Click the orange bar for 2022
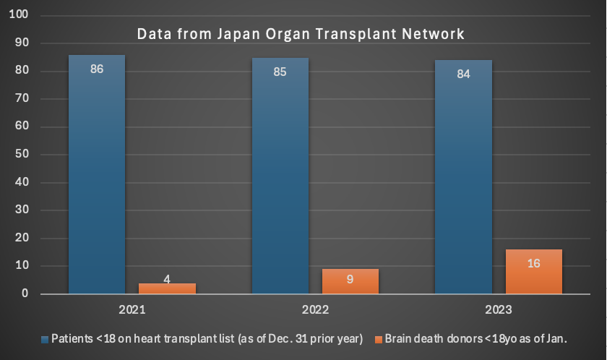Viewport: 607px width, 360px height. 350,282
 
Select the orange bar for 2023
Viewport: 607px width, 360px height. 533,273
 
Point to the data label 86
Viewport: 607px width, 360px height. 97,70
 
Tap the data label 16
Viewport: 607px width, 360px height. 533,263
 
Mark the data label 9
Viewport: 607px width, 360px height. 350,278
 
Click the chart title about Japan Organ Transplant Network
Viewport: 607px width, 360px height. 301,34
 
